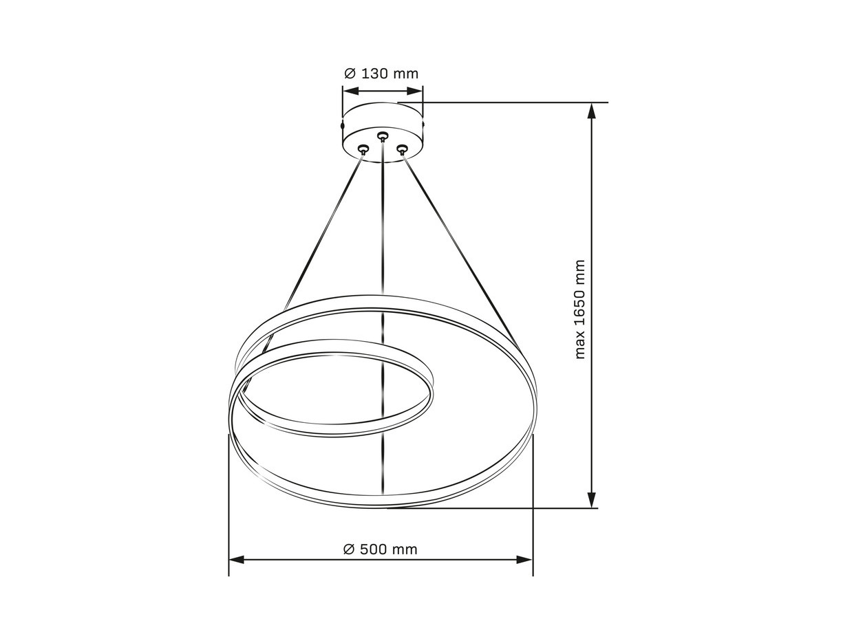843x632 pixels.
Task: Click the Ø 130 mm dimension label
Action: [x=381, y=74]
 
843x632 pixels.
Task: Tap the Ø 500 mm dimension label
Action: [x=381, y=549]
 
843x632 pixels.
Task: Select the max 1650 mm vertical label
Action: [x=579, y=309]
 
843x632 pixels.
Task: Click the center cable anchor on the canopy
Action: [x=382, y=135]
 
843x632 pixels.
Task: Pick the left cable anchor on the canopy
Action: [x=363, y=149]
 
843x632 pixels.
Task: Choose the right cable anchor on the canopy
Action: [x=402, y=148]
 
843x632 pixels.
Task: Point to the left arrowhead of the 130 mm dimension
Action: [x=350, y=91]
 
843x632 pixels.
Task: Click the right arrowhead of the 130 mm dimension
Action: [x=415, y=91]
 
